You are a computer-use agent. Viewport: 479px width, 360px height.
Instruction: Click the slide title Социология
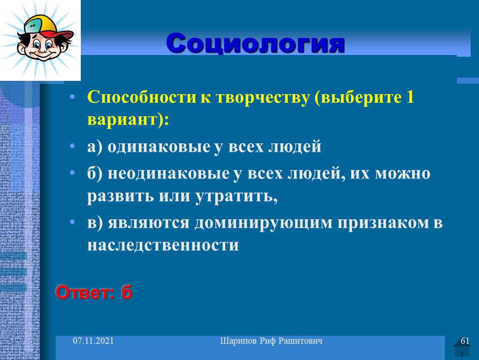click(x=255, y=43)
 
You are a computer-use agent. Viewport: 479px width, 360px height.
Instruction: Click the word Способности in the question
click(x=142, y=97)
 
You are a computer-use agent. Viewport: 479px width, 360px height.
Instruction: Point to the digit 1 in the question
click(x=410, y=97)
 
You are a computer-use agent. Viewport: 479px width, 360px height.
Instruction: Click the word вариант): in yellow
click(x=128, y=120)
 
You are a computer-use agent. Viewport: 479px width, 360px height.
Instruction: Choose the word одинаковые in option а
click(x=159, y=147)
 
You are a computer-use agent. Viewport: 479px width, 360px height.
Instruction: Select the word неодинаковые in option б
click(x=169, y=173)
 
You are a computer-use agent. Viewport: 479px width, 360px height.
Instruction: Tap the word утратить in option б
click(x=236, y=196)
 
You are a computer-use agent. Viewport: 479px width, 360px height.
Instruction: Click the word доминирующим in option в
click(x=263, y=223)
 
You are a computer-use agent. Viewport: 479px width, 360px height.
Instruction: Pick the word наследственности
click(x=163, y=245)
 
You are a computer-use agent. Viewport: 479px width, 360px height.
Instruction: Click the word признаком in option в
click(x=383, y=223)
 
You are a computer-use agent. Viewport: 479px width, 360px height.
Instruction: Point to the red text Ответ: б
click(x=94, y=292)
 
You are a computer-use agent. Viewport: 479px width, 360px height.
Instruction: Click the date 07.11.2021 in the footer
click(x=93, y=341)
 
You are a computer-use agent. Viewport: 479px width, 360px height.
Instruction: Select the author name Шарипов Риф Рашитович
click(x=271, y=341)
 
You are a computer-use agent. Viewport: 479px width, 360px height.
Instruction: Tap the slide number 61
click(x=465, y=341)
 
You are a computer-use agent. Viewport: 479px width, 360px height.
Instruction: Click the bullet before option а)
click(x=72, y=146)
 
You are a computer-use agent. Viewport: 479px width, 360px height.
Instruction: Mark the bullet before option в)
click(x=72, y=222)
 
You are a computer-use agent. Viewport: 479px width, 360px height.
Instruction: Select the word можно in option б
click(x=403, y=174)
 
